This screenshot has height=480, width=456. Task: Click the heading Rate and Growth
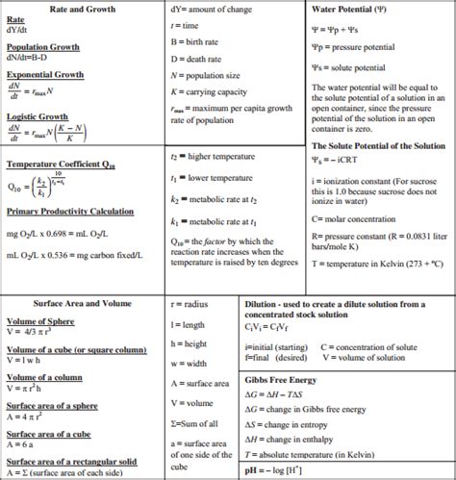pyautogui.click(x=68, y=9)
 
